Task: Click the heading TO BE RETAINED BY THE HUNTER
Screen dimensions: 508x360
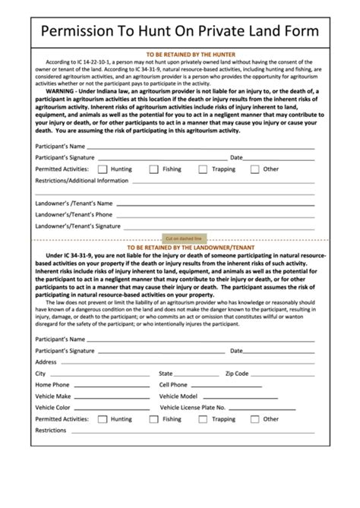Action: (x=179, y=55)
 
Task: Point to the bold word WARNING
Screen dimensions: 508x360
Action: (x=65, y=90)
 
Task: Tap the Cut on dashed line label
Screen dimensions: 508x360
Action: (x=180, y=238)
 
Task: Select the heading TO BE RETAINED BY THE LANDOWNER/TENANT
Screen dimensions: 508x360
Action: (x=179, y=248)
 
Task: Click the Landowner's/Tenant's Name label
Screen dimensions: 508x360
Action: (x=74, y=204)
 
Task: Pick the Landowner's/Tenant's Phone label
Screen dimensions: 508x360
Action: (x=74, y=215)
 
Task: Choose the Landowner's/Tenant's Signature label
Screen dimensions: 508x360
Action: (x=78, y=226)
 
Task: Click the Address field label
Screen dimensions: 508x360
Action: (x=46, y=362)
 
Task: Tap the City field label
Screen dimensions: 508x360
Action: (x=40, y=374)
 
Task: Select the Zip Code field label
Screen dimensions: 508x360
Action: (x=237, y=374)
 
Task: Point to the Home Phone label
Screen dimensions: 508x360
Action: (x=52, y=385)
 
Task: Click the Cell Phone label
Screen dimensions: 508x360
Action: (x=173, y=385)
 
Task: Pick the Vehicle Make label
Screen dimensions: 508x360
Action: (x=53, y=396)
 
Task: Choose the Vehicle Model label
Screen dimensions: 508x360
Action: (x=178, y=396)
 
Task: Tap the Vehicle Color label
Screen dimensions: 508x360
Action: (x=53, y=408)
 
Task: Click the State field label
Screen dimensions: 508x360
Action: (x=166, y=374)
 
